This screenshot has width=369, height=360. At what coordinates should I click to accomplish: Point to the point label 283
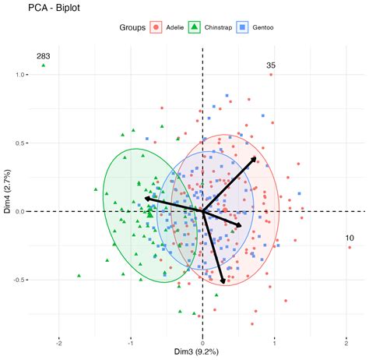pyautogui.click(x=44, y=56)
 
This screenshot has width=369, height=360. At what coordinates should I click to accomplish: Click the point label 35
pyautogui.click(x=271, y=65)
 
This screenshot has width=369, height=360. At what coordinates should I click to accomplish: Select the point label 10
pyautogui.click(x=350, y=238)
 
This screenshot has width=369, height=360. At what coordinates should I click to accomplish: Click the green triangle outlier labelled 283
pyautogui.click(x=44, y=65)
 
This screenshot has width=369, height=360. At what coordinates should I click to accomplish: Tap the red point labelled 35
pyautogui.click(x=271, y=75)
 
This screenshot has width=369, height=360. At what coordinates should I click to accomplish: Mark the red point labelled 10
pyautogui.click(x=350, y=247)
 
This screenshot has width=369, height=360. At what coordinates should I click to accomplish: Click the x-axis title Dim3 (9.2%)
pyautogui.click(x=202, y=353)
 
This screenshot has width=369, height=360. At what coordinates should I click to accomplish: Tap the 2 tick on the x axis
pyautogui.click(x=346, y=341)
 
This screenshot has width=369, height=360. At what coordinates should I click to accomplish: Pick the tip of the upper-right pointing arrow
pyautogui.click(x=256, y=157)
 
